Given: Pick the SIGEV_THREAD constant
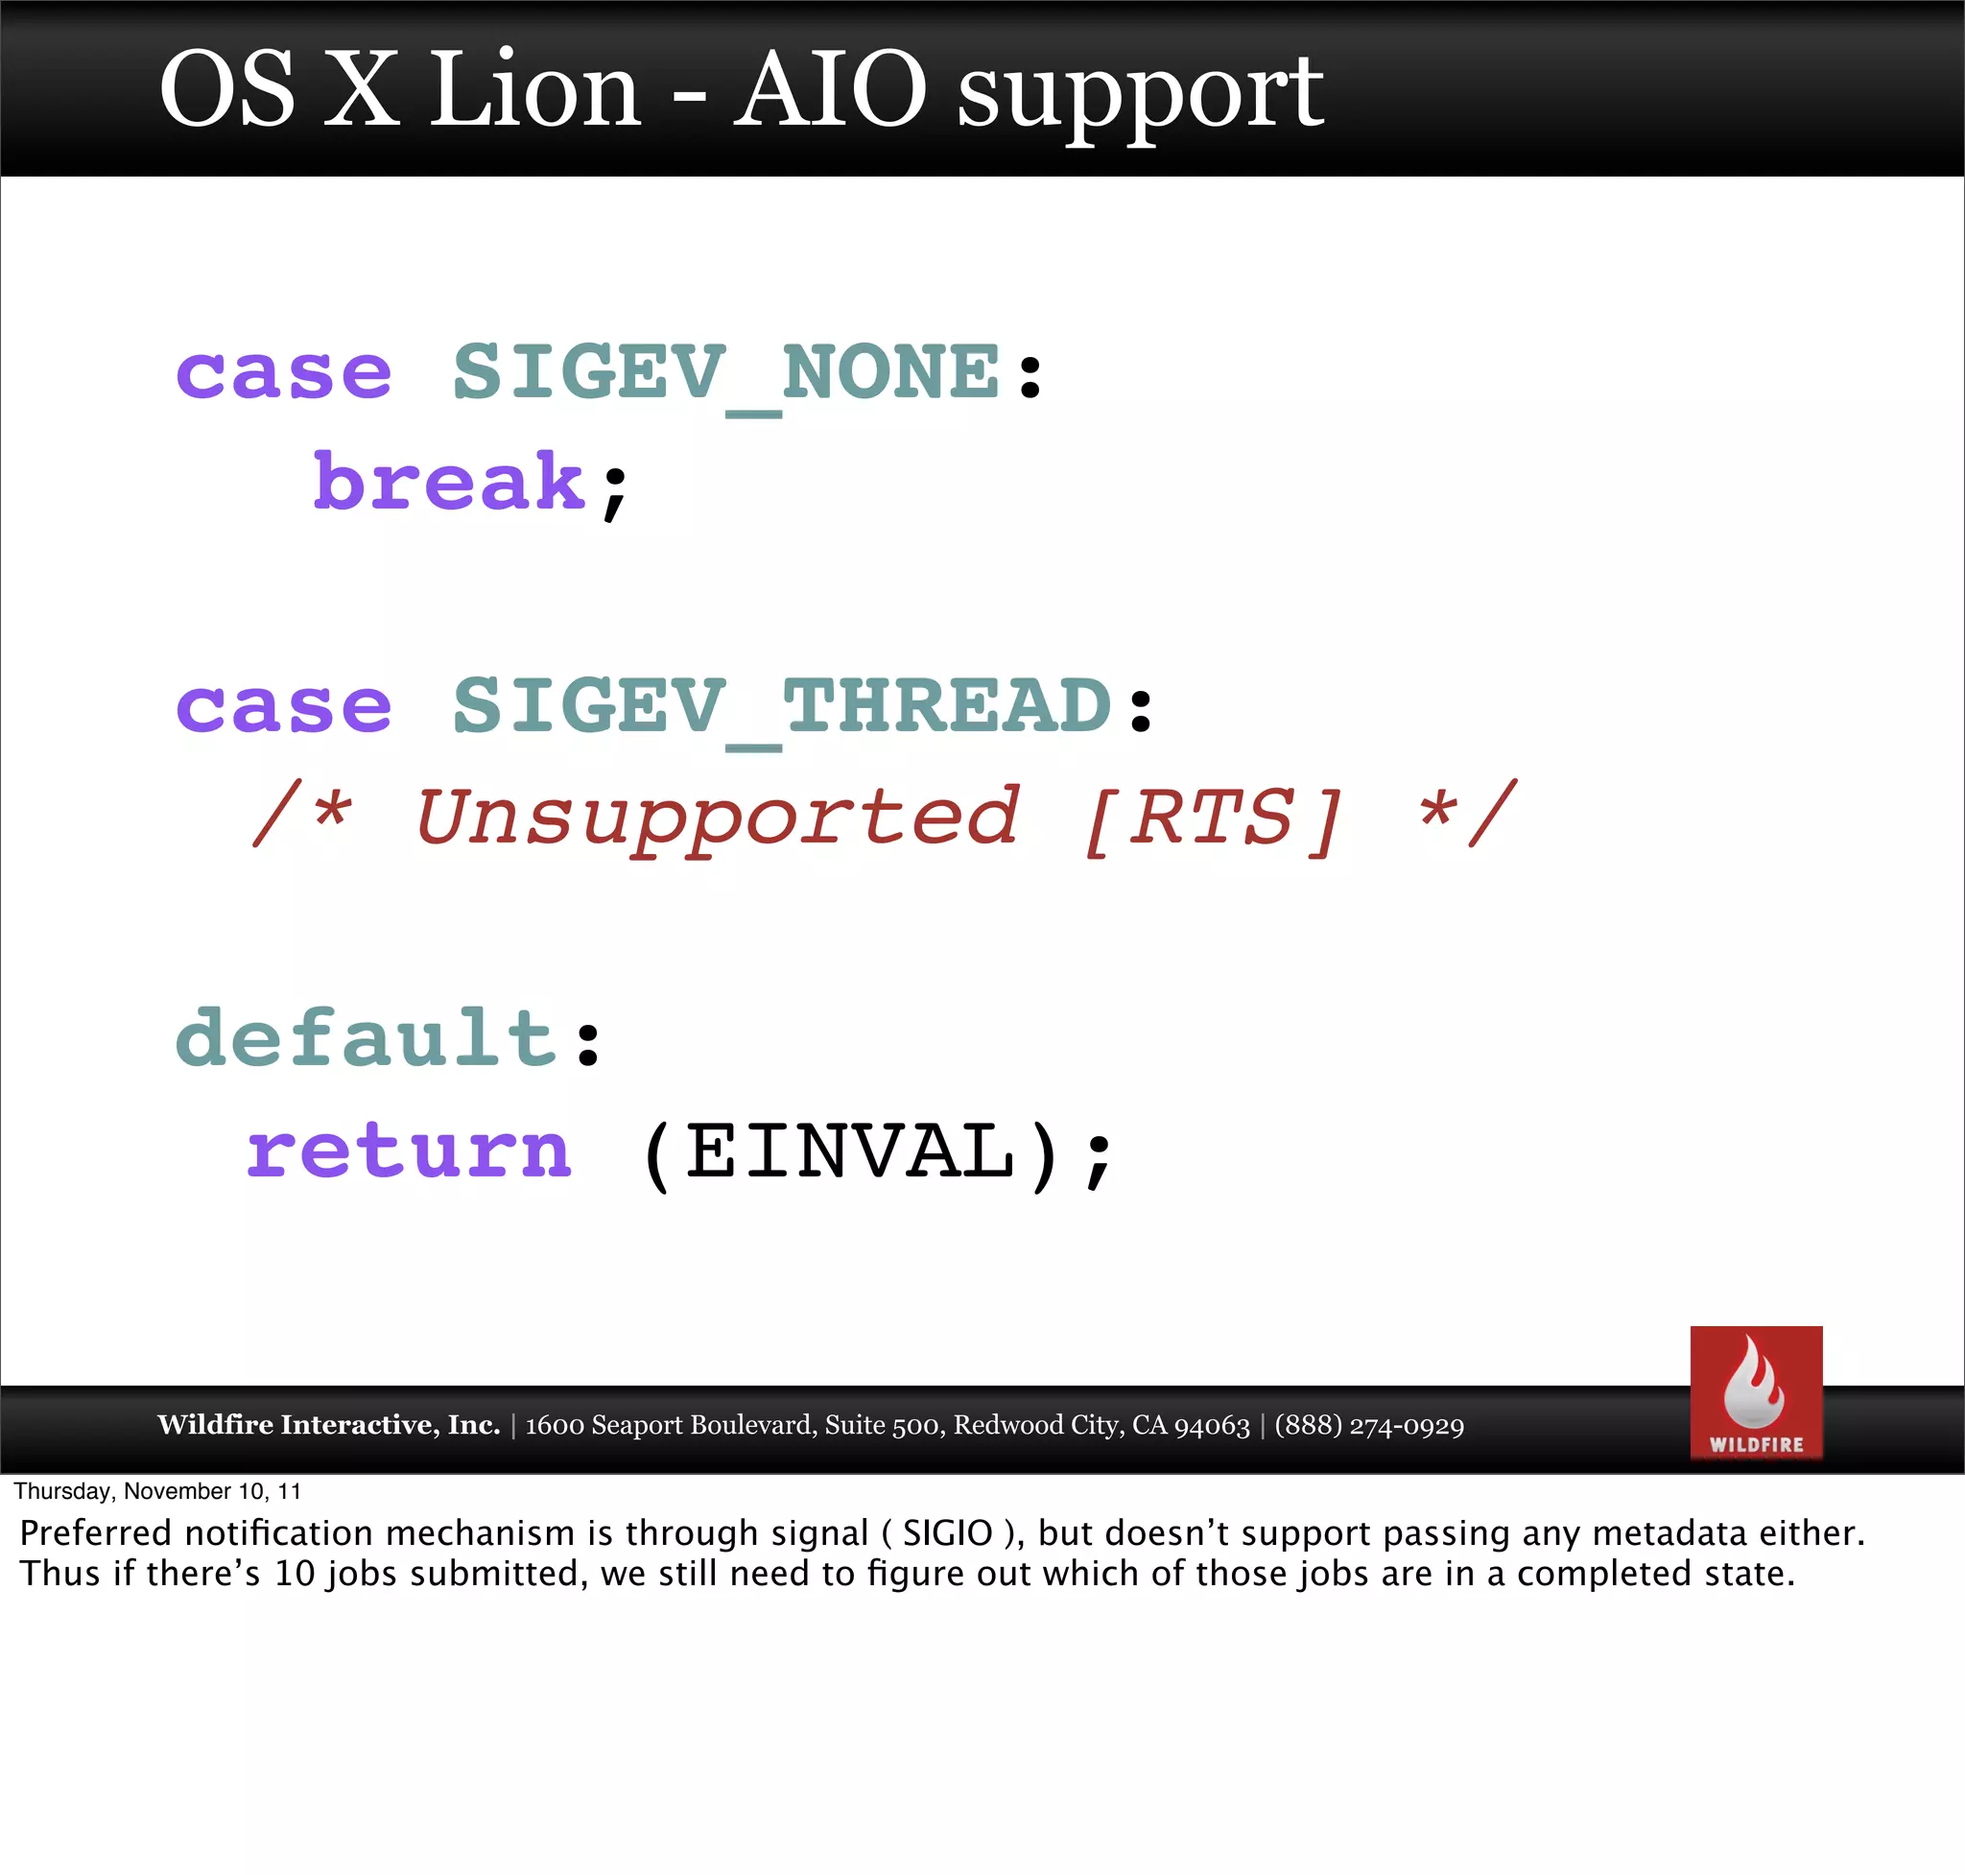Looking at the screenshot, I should (x=782, y=706).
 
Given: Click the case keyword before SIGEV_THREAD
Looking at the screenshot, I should (x=283, y=706).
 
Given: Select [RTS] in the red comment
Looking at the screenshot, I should (x=1214, y=818).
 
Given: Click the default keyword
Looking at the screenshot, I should (x=366, y=1039).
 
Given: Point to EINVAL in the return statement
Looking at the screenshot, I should (x=850, y=1151).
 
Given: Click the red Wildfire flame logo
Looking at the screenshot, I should (x=1755, y=1391).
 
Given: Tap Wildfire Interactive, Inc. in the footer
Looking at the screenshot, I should (x=328, y=1425).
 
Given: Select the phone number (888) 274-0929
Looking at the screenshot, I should (x=1368, y=1425).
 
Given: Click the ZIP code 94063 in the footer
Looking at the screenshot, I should (x=1212, y=1425).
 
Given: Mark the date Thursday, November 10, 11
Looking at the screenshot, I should (x=157, y=1491).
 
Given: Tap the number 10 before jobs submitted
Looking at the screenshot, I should (x=294, y=1573).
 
